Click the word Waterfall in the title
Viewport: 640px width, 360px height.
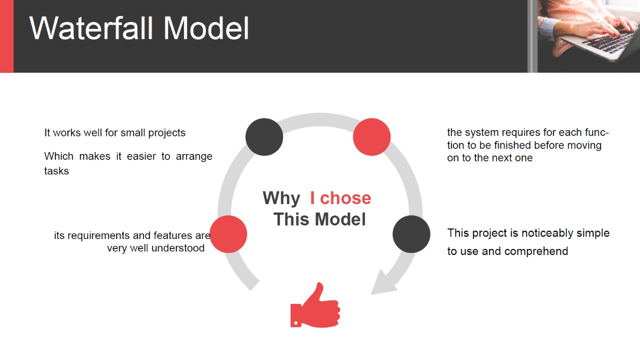[x=91, y=28]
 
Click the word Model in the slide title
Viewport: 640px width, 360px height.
[x=206, y=28]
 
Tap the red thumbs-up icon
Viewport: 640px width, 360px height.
[x=315, y=305]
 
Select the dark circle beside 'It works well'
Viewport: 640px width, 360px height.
[x=264, y=137]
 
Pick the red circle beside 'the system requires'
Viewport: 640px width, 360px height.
[x=371, y=137]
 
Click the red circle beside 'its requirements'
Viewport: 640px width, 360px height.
[x=228, y=234]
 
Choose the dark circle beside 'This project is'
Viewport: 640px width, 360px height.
[x=411, y=234]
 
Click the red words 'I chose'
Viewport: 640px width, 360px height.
[x=340, y=198]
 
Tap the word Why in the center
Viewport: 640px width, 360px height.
[x=281, y=198]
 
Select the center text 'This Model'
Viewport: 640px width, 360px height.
[x=319, y=219]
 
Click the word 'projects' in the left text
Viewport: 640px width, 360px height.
[x=167, y=133]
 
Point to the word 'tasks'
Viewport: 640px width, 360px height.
[x=56, y=171]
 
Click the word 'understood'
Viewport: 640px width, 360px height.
[x=178, y=248]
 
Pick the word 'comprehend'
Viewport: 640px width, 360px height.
[x=536, y=251]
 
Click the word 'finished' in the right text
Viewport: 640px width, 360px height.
[x=513, y=145]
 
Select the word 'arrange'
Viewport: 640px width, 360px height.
[x=194, y=157]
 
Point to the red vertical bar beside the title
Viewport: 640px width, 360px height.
[x=7, y=36]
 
